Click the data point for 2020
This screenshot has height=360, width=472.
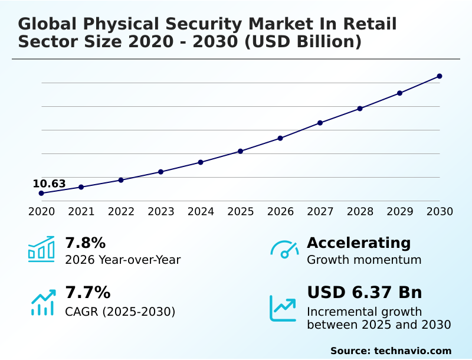click(x=41, y=193)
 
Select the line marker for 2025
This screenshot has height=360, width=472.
click(x=241, y=151)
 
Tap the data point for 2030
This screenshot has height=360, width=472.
click(x=440, y=76)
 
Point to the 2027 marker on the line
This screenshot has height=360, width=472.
click(x=320, y=123)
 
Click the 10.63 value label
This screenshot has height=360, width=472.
click(x=49, y=184)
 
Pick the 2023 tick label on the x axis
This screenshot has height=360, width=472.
click(x=161, y=211)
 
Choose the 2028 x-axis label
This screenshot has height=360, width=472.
click(x=360, y=211)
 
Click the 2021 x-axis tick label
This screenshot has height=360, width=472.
click(x=81, y=211)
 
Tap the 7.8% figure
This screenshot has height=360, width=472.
click(x=85, y=243)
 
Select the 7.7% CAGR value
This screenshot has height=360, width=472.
click(x=87, y=292)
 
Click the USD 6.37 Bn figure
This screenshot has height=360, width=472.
click(x=365, y=292)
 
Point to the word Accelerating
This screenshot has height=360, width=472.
click(x=359, y=243)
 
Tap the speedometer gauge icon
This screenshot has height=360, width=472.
click(x=284, y=249)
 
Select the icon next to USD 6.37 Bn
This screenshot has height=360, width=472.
click(x=283, y=307)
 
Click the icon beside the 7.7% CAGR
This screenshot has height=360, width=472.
click(x=42, y=302)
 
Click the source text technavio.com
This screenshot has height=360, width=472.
click(x=412, y=351)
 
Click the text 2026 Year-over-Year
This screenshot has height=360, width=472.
click(x=123, y=260)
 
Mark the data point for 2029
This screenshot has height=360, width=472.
click(x=399, y=93)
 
